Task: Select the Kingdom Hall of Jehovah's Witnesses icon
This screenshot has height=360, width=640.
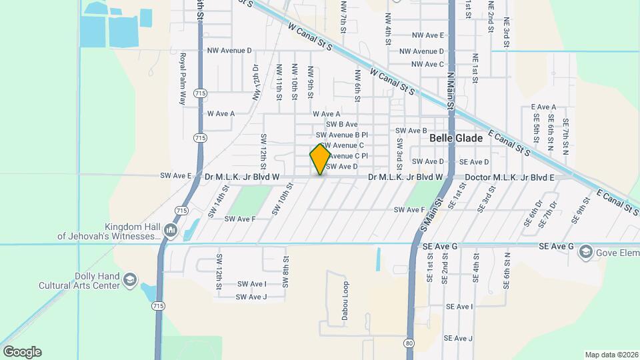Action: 170,231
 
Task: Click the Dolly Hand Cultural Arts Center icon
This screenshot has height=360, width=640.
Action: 130,280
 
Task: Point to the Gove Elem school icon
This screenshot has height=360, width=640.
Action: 585,251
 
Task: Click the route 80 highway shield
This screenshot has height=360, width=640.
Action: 408,343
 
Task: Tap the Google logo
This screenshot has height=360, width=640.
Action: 22,352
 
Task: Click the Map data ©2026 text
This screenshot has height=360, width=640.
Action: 611,355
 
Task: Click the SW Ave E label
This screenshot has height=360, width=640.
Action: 176,176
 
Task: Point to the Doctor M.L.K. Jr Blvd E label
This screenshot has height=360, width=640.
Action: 509,177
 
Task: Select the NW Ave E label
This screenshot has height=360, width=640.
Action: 428,35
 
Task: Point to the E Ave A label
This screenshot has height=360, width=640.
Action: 543,107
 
